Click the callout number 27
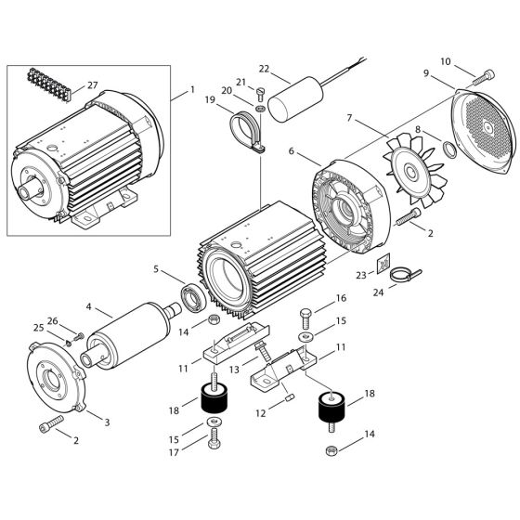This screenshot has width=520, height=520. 92,84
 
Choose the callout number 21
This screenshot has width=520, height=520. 240,81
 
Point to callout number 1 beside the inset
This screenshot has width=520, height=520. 193,92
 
